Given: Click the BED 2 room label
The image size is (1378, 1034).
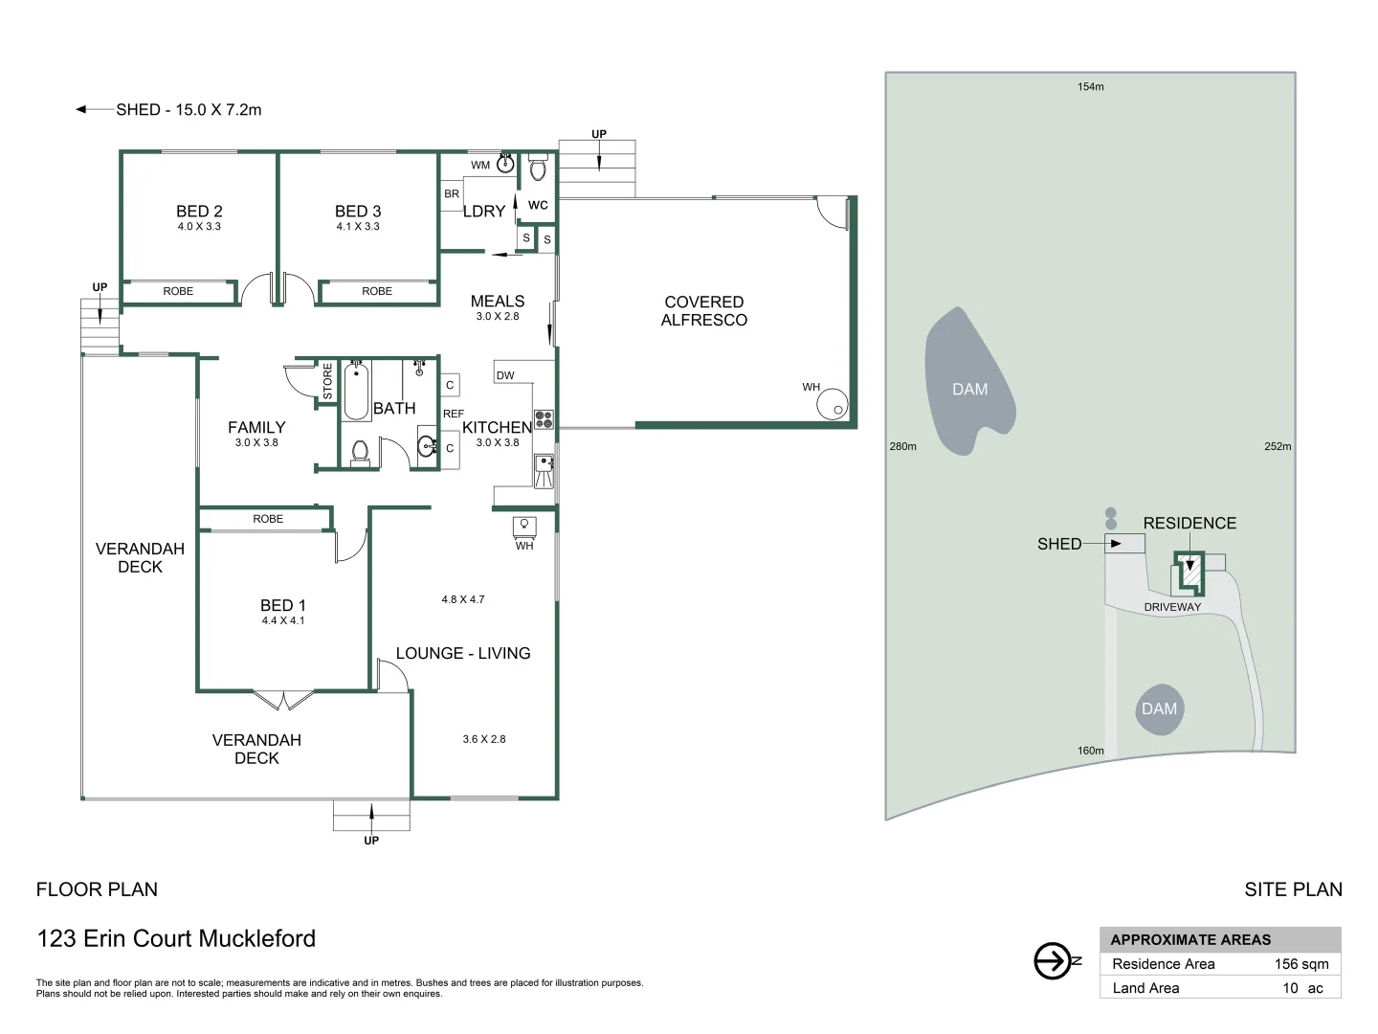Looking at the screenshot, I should coord(199,212).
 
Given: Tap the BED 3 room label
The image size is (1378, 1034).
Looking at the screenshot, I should coord(358,212).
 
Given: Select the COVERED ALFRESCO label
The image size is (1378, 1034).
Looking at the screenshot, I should coord(703,311).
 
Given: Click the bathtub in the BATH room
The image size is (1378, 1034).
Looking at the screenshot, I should coord(356,392).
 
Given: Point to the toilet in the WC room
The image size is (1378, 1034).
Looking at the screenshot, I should coord(538,169).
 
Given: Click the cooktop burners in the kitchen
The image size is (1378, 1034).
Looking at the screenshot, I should coord(544,418).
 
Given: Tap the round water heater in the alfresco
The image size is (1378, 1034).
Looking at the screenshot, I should coord(833,405).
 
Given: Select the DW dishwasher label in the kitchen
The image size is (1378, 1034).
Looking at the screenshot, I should coord(505,375).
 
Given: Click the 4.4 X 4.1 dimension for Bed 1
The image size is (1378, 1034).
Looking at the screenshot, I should coord(283,620).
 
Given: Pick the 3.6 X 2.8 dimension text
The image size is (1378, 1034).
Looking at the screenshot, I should coord(484,739).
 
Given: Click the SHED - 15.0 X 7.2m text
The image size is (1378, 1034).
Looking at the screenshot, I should coord(189,110).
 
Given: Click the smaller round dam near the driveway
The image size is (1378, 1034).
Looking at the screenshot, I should coord(1159,709).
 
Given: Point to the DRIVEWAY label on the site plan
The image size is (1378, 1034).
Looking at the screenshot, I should coord(1172,607).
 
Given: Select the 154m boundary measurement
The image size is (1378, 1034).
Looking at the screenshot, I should coord(1090,87).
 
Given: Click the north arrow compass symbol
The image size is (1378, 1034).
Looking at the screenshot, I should coord(1054,960).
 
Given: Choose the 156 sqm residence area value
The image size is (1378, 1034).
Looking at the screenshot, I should coord(1300,964).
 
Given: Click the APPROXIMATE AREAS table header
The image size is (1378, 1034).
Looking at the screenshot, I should coord(1190,940).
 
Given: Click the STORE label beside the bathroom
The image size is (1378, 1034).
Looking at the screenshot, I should coord(327,381).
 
